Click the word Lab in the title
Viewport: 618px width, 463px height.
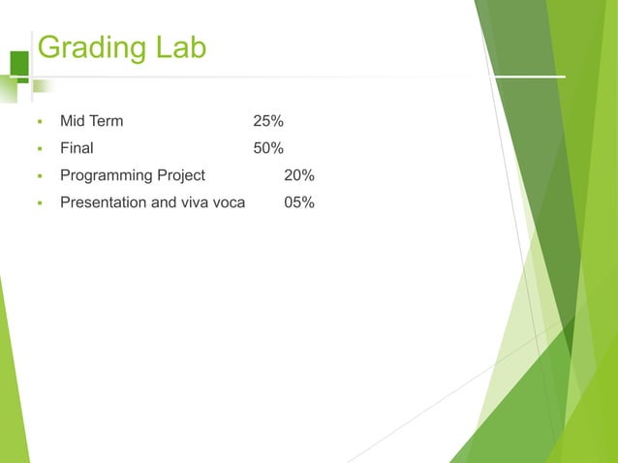coord(180,47)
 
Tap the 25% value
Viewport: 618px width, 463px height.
coord(268,121)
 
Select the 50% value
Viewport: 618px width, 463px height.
coord(268,148)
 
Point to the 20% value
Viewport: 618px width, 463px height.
coord(298,175)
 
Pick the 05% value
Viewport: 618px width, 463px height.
coord(298,202)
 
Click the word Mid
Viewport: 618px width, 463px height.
coord(73,121)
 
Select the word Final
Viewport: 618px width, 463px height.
coord(77,148)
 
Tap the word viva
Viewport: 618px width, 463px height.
coord(194,202)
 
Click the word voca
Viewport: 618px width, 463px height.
coord(229,202)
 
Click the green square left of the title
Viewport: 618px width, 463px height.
coord(18,62)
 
